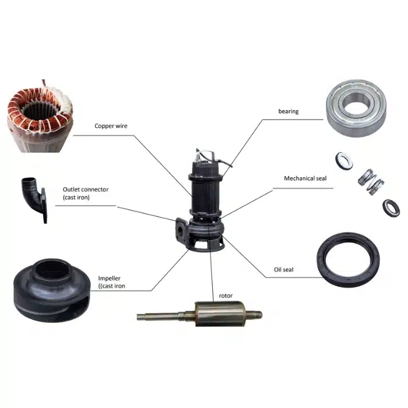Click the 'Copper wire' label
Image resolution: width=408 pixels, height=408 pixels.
point(111,126)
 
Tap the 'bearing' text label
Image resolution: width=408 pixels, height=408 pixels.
point(289,111)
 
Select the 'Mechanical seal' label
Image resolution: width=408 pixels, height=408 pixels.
point(305,178)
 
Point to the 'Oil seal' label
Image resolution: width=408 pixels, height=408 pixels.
point(283,269)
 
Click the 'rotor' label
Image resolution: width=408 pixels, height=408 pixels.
point(226,296)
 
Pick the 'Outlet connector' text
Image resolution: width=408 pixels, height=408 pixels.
point(86,189)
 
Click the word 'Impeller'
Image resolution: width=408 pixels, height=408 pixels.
point(110,279)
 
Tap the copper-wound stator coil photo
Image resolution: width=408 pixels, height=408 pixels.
point(40,117)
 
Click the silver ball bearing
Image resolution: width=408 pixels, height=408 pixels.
point(356,108)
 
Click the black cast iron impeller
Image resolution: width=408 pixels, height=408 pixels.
point(52,290)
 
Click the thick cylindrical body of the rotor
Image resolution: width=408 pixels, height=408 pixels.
point(220,314)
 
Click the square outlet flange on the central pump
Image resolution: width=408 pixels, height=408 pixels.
point(181,230)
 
